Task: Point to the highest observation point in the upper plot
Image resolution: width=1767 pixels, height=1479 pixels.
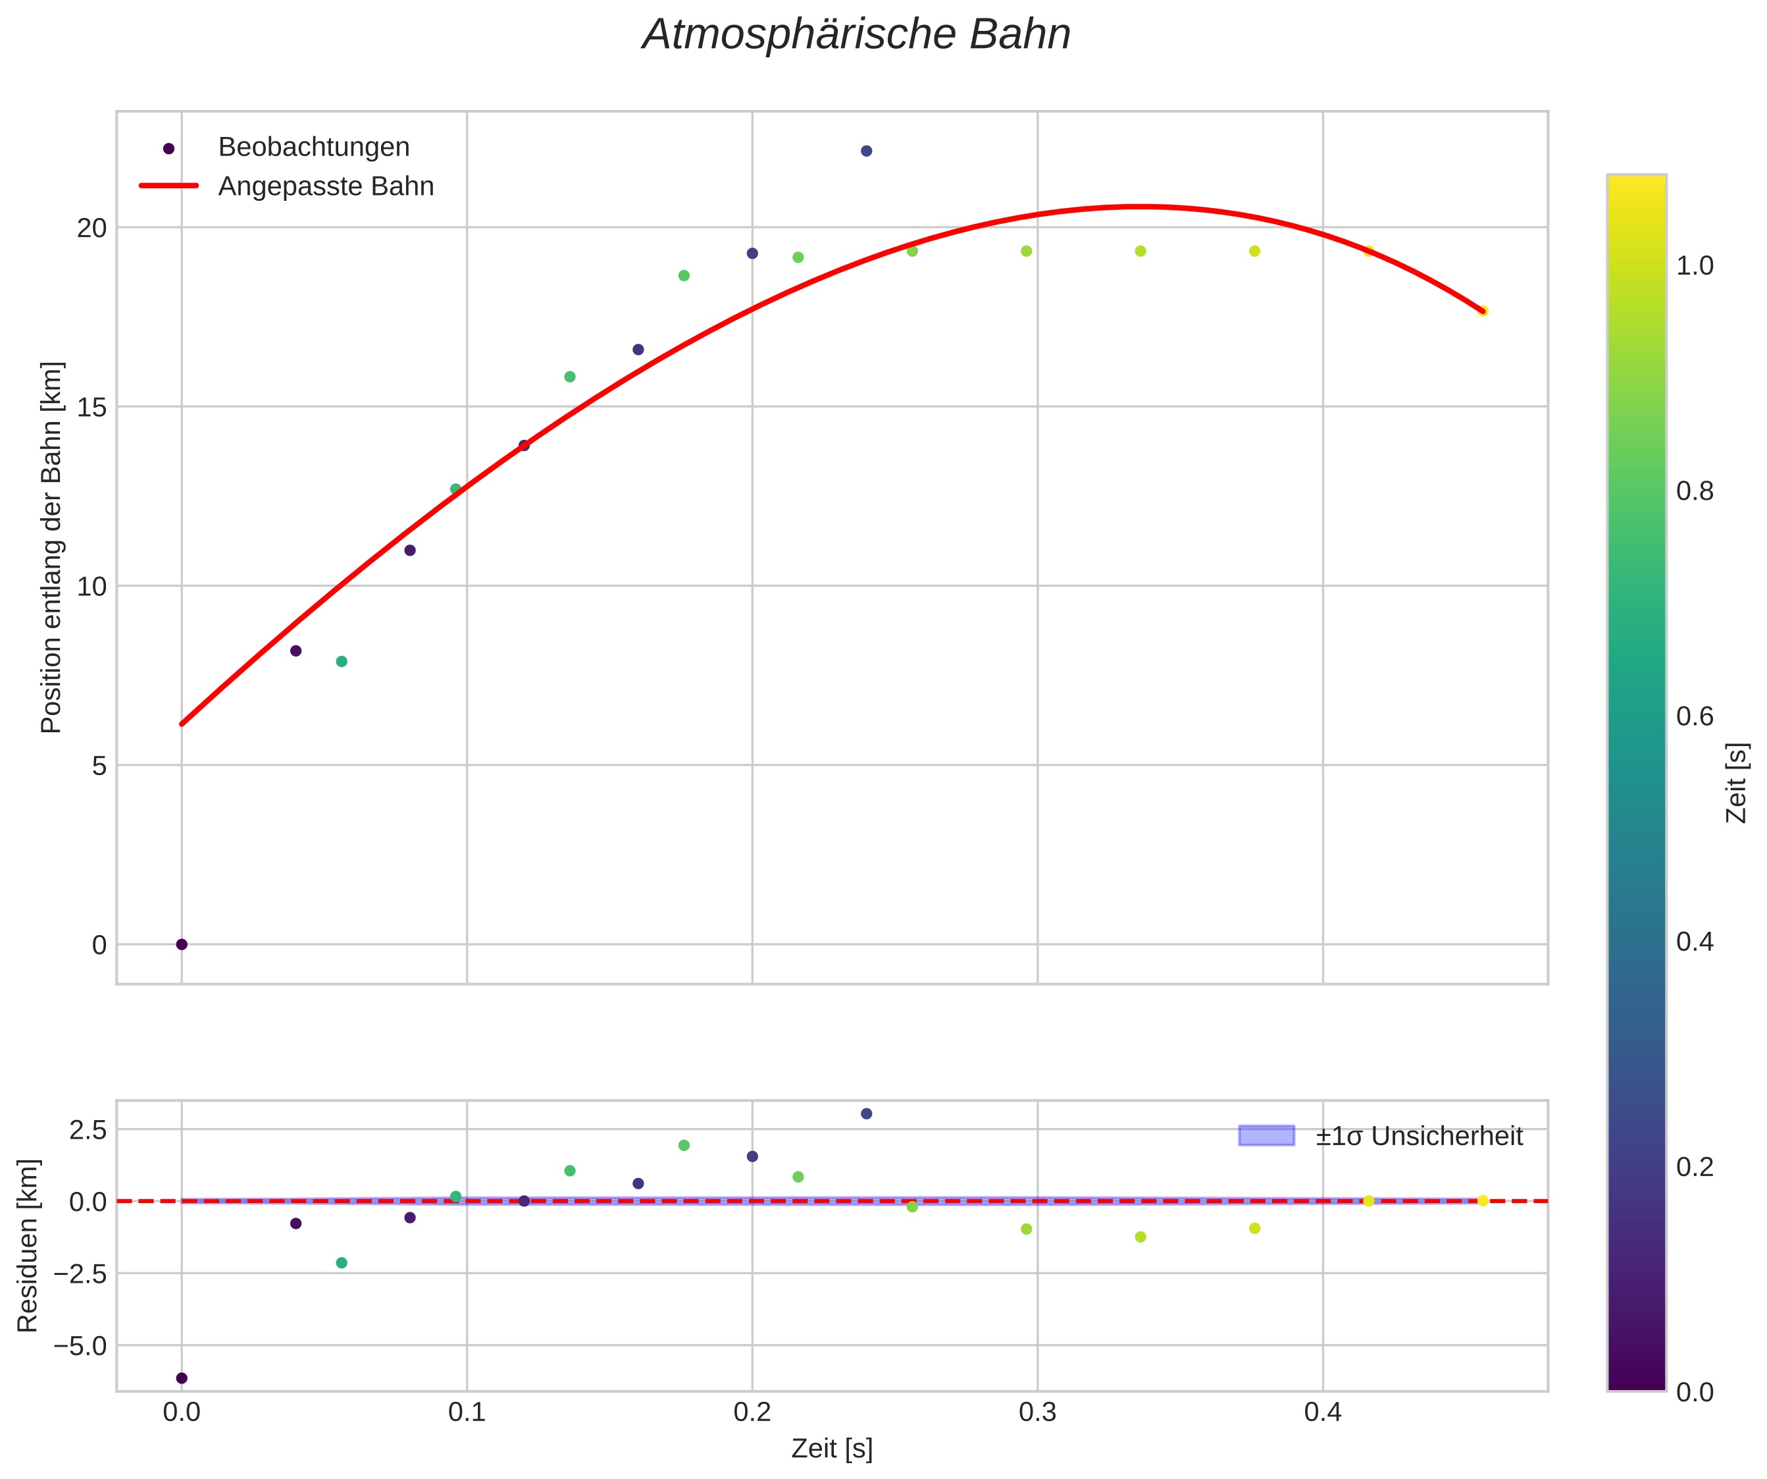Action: pos(867,151)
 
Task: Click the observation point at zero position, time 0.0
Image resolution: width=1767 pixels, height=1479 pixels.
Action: pos(182,944)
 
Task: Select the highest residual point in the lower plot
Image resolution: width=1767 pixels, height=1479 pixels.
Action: pos(867,1114)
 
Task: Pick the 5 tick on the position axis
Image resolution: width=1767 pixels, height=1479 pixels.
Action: pos(100,766)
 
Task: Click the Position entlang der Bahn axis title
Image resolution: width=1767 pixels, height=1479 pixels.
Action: pos(51,547)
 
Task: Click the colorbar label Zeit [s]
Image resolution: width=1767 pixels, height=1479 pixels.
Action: pos(1737,783)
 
